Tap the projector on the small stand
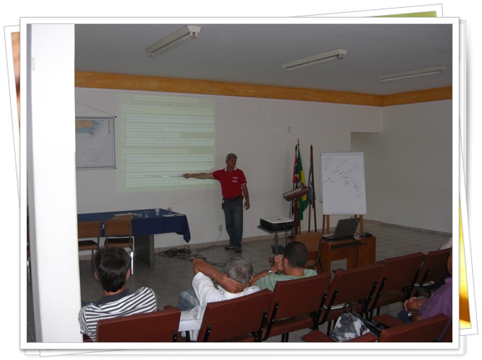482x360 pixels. tap(276, 223)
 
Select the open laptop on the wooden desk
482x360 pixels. tap(343, 229)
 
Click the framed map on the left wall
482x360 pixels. tap(95, 142)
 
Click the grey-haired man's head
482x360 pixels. tap(239, 269)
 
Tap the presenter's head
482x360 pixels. tap(231, 159)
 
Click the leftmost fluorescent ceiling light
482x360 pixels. tap(174, 40)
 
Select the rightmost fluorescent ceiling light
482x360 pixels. tap(413, 73)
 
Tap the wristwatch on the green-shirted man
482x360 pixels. tap(269, 270)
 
